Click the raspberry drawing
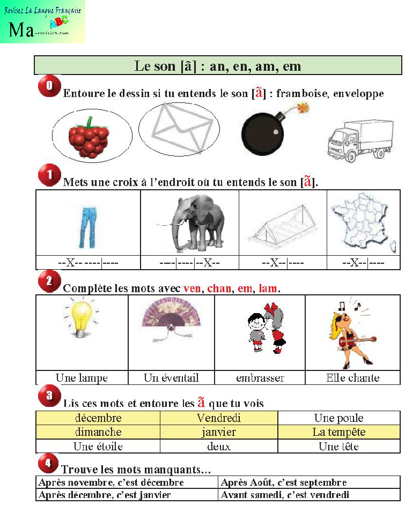point(89,137)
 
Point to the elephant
point(189,222)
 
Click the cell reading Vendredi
point(219,418)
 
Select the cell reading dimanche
point(98,432)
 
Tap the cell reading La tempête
point(339,432)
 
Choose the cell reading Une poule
point(339,418)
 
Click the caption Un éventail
point(171,378)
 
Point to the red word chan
point(219,288)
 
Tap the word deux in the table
point(219,446)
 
